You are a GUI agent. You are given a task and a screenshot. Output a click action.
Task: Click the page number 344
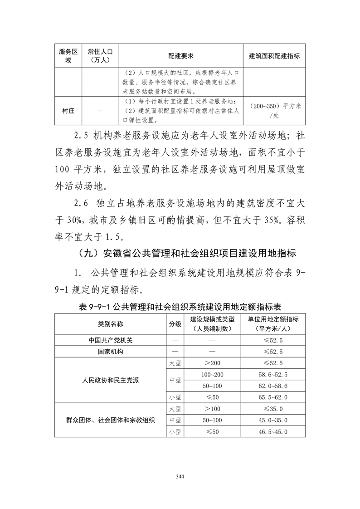(180, 476)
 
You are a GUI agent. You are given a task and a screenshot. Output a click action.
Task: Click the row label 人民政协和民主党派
(110, 380)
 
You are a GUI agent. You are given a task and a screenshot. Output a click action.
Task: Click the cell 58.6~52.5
(273, 374)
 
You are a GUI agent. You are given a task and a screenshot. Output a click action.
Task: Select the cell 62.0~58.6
(273, 386)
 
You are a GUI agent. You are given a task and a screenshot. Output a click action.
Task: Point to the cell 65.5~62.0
(273, 397)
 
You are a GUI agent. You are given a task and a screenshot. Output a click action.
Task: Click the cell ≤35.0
(273, 409)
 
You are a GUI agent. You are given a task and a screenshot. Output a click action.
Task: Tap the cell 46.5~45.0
(273, 431)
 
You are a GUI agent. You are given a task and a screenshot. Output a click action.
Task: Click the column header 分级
(175, 324)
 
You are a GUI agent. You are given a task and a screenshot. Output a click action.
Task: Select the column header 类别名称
(110, 324)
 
